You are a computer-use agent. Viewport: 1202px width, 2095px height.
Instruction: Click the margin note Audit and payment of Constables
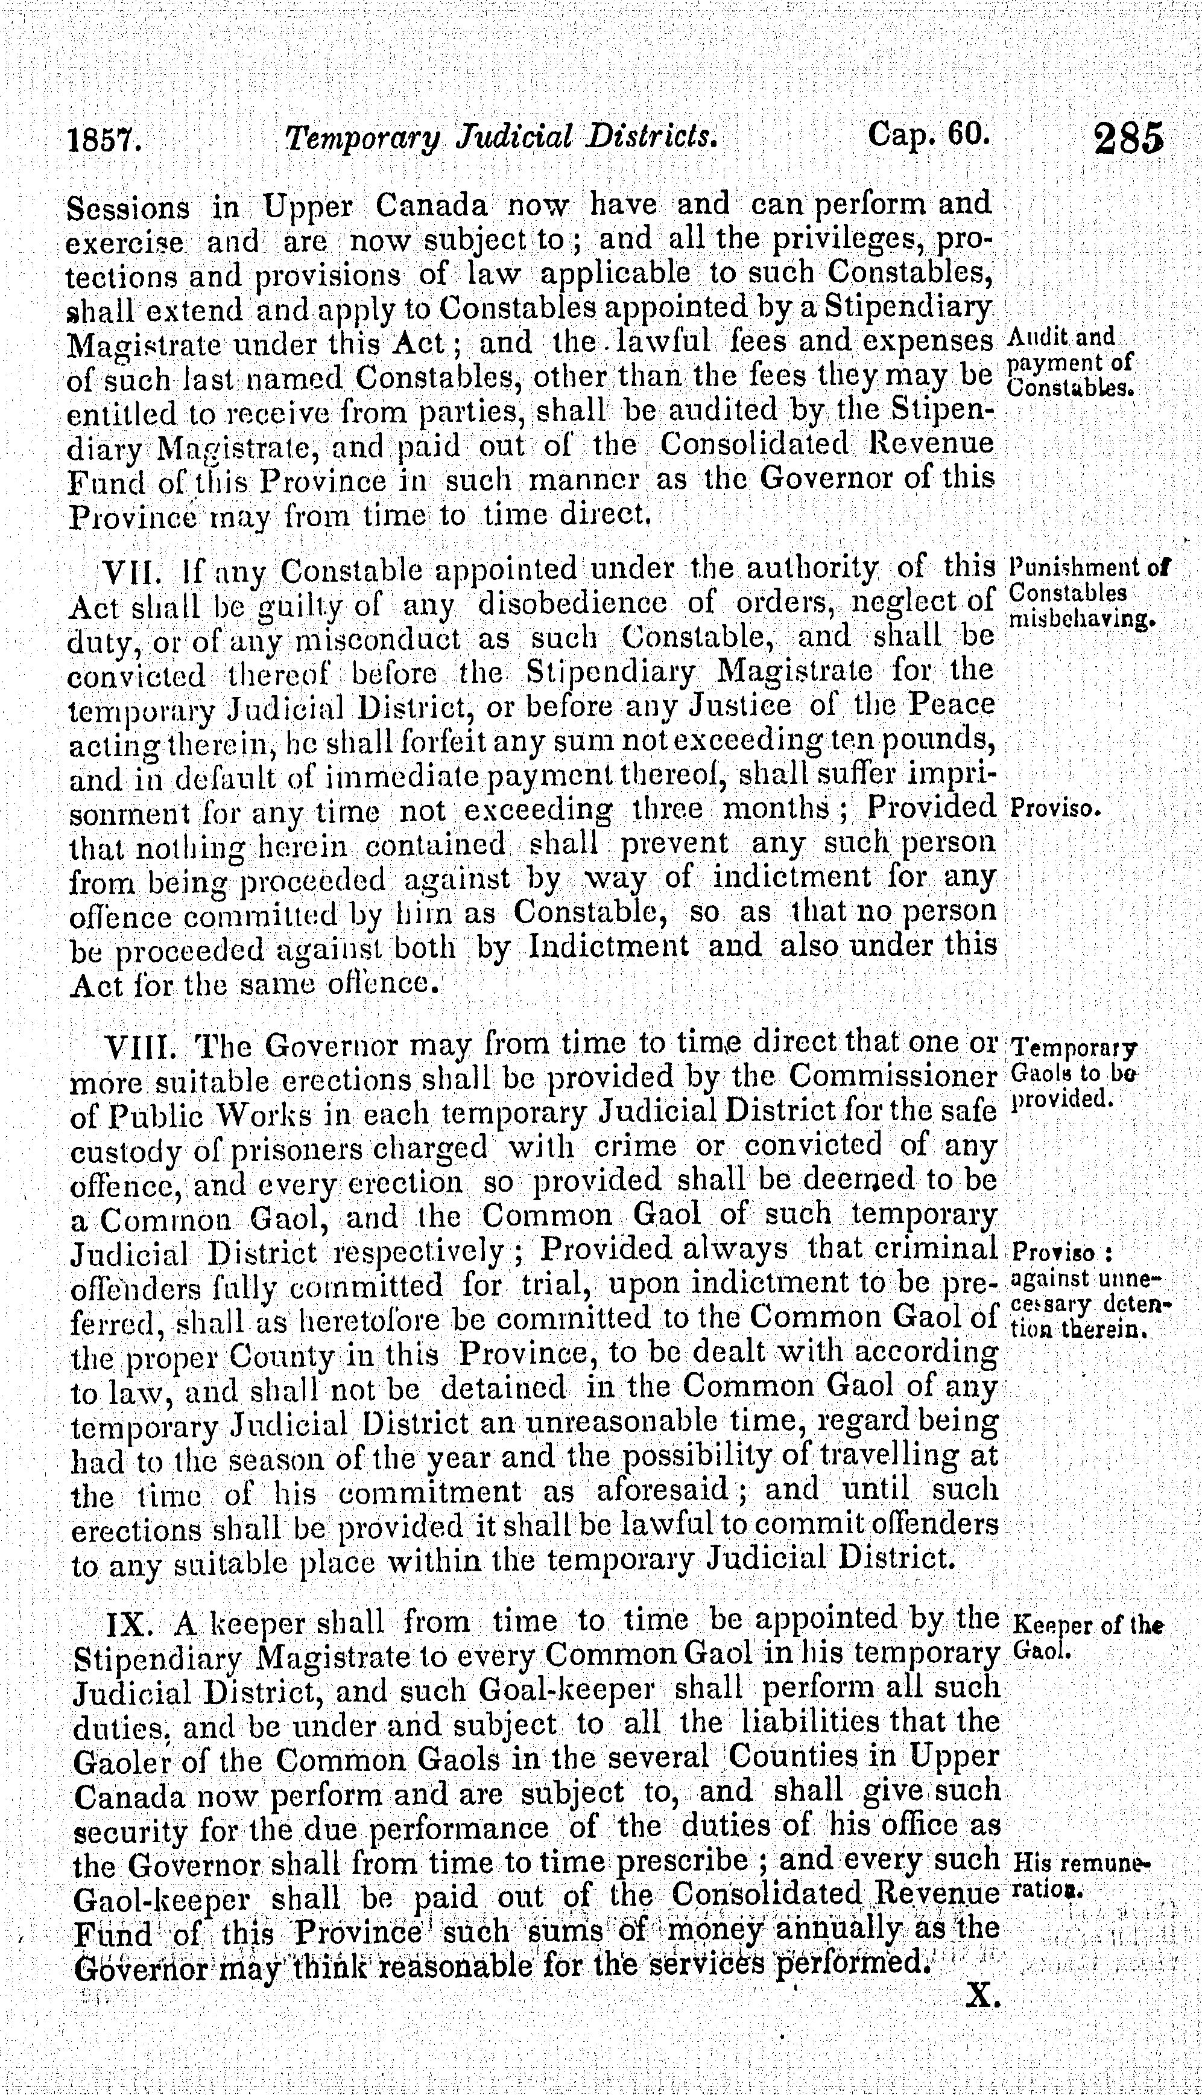click(x=1071, y=361)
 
